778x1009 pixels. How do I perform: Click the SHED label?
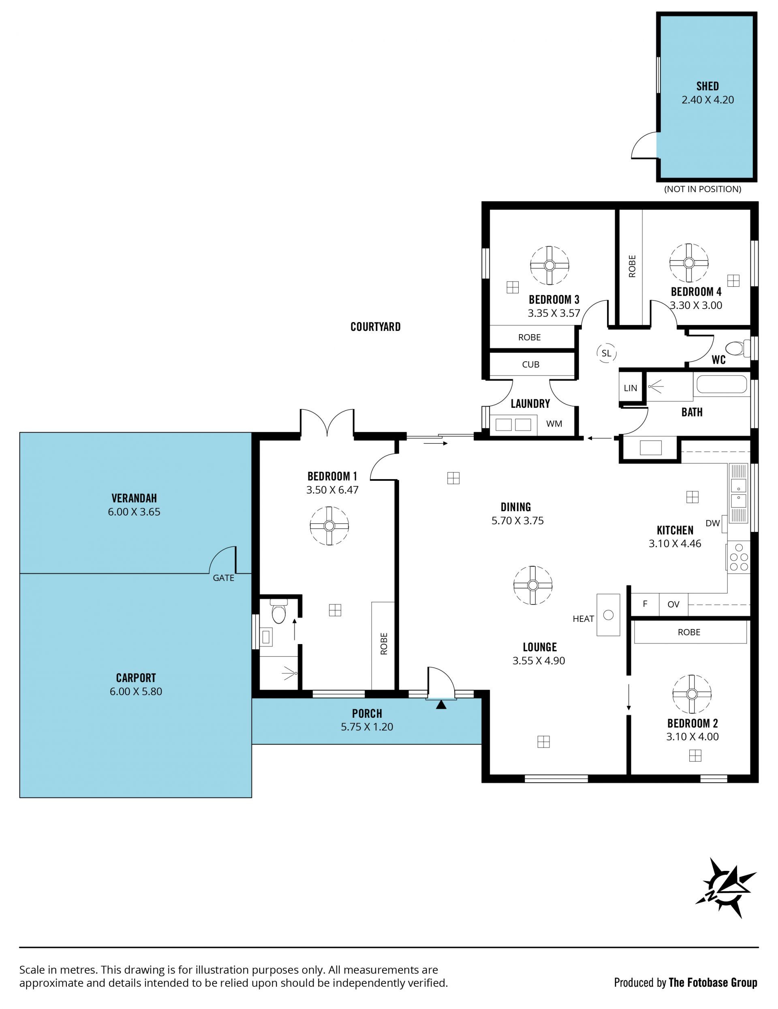coord(707,86)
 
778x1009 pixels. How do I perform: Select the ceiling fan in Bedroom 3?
coord(549,265)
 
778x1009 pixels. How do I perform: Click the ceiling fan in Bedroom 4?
coord(689,263)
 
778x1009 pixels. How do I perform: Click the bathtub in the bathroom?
coord(721,384)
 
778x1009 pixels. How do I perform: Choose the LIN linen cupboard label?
coord(630,388)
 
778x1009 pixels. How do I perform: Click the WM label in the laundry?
coord(554,424)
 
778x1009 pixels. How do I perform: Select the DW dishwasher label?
coord(712,523)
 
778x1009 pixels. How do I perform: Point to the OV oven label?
coord(673,604)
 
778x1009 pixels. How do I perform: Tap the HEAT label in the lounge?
coord(583,619)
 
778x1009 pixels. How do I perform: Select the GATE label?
coord(223,578)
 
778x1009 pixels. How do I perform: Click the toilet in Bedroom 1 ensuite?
coord(279,611)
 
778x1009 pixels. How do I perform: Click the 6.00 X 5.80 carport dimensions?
coord(136,691)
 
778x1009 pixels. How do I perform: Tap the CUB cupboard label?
coord(530,365)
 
